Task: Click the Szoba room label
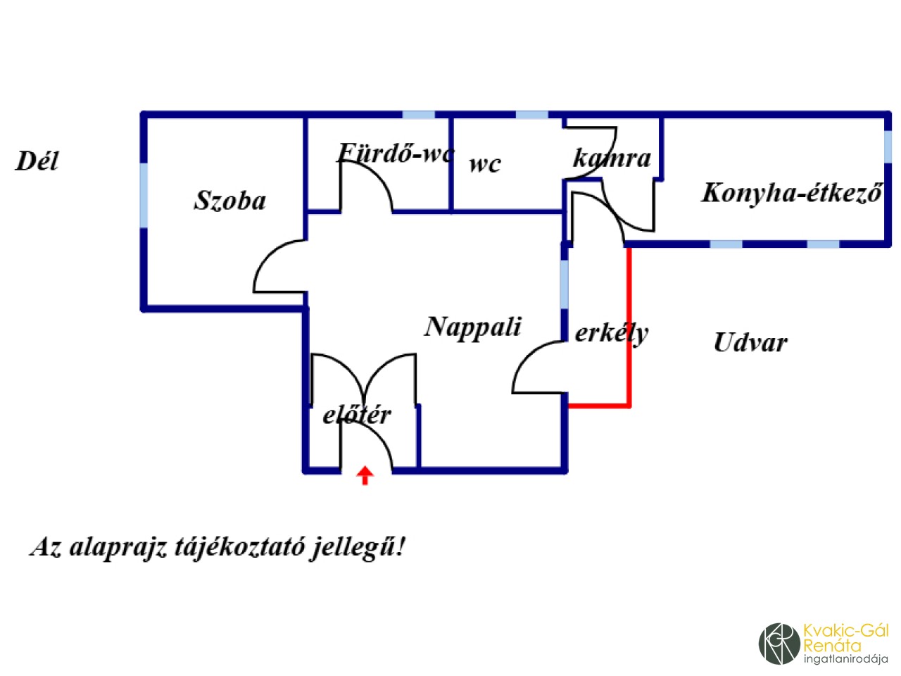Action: tap(230, 201)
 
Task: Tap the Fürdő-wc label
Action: tap(396, 154)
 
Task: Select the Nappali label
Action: tap(473, 327)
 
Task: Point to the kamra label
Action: tap(612, 158)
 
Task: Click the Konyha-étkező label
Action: tap(792, 193)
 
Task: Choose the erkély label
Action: tap(611, 333)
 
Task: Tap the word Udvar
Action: tap(750, 343)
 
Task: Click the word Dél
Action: tap(37, 161)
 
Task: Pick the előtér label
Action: tap(357, 415)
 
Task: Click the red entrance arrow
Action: tap(365, 475)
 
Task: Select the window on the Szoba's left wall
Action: tap(144, 196)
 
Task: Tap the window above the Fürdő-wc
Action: tap(418, 115)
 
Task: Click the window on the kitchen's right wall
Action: tap(888, 146)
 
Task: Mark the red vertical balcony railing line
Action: tap(629, 324)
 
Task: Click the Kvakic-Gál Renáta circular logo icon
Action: tap(779, 643)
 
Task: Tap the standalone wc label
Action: tap(485, 164)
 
